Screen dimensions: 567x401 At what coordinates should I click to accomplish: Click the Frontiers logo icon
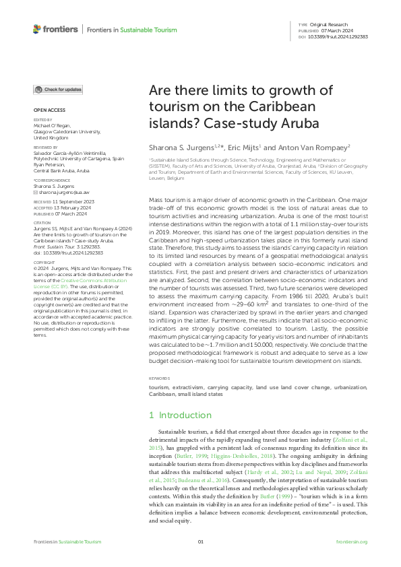pos(36,29)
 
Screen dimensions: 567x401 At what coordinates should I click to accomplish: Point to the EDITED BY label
pos(42,120)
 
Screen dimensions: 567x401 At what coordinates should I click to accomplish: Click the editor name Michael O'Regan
pos(51,126)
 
